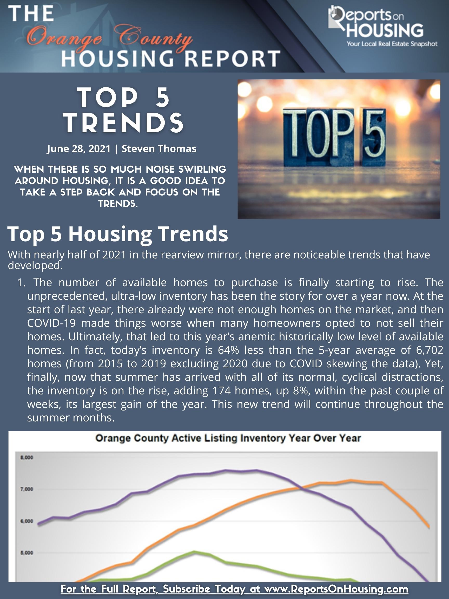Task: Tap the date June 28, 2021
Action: [x=79, y=149]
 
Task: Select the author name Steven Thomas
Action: [x=159, y=149]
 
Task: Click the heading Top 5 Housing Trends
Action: [x=118, y=234]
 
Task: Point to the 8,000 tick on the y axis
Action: [x=27, y=458]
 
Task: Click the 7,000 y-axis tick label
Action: [x=27, y=489]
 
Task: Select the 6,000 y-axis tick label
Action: [x=27, y=521]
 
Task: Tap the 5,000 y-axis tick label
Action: [x=27, y=553]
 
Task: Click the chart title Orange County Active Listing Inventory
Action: [x=228, y=438]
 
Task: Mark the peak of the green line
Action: [x=194, y=552]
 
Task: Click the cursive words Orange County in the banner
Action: [x=110, y=38]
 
